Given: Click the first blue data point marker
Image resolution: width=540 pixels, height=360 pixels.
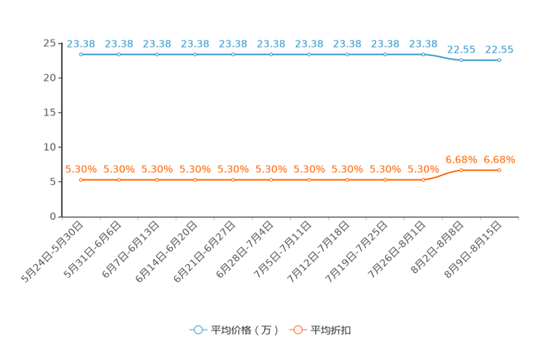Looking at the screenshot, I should tap(81, 54).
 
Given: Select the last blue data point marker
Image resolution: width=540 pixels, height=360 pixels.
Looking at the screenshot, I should tap(499, 60).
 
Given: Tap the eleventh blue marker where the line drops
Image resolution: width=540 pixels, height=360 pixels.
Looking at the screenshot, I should tap(461, 60).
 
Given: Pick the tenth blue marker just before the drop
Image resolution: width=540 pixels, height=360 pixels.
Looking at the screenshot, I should tap(423, 54).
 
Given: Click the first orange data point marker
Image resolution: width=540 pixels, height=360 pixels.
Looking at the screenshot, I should tap(81, 179).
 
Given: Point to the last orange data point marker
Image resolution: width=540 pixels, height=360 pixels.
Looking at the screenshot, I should tap(499, 170).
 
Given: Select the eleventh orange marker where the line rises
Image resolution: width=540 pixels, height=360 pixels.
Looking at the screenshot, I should tap(461, 170).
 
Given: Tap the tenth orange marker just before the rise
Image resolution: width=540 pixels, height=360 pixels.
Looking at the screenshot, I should tap(423, 179).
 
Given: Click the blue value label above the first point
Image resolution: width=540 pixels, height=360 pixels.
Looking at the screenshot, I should tap(81, 43).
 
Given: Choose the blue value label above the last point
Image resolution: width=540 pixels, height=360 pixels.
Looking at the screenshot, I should tap(499, 49).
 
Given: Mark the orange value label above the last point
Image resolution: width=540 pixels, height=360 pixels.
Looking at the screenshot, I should tap(499, 158).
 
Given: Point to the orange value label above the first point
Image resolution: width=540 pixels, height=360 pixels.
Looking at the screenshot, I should tap(81, 168).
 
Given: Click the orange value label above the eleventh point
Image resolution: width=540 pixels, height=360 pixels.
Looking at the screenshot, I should tap(461, 158).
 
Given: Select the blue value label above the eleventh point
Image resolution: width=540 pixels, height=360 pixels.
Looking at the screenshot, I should tap(461, 49).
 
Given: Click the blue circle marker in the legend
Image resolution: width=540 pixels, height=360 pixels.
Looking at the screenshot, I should tap(197, 330).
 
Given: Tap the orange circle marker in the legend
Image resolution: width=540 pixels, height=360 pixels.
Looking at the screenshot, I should tap(297, 330).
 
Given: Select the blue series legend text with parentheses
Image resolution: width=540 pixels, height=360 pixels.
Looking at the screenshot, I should tap(245, 330).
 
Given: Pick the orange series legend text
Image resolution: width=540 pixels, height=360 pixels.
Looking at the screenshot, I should tap(332, 330).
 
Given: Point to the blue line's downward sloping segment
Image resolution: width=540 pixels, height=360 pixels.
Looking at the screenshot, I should tap(442, 57).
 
